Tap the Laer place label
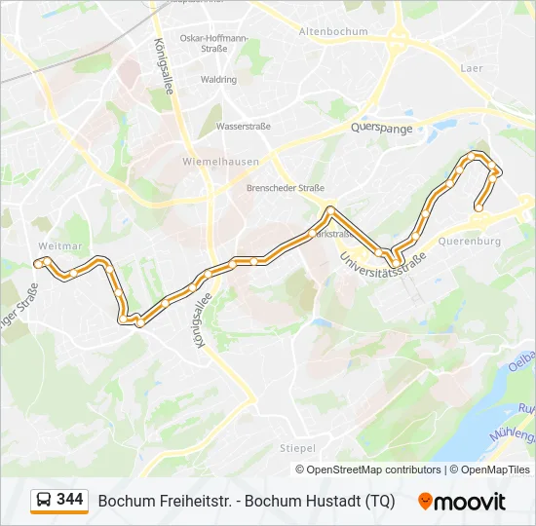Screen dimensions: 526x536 pos(472,68)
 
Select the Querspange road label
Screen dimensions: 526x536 pos(382,129)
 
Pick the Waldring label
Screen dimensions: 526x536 pos(218,79)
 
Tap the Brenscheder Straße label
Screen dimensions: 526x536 pos(286,188)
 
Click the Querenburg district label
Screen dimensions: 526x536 pos(470,241)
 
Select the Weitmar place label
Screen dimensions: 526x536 pos(55,246)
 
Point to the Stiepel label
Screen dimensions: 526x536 pos(297,448)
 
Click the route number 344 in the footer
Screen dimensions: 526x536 pos(70,500)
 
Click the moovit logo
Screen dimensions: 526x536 pos(462,502)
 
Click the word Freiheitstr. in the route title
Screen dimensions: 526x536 pos(195,502)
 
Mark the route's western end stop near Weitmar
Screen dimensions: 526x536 pos(38,263)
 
